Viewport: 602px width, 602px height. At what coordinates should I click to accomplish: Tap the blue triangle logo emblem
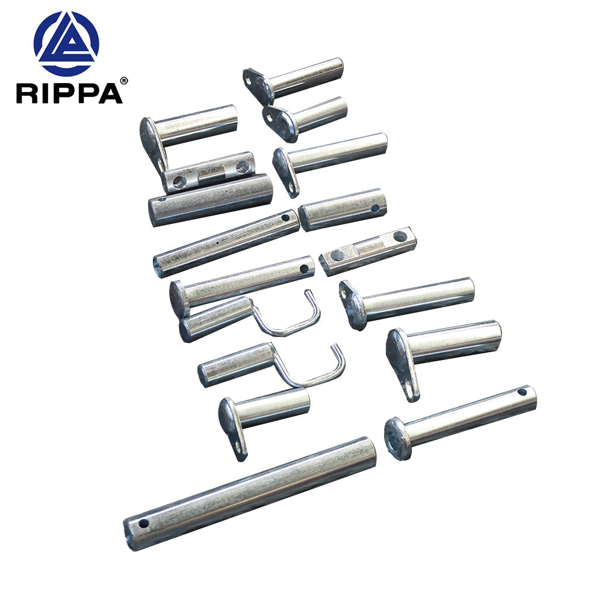coord(66,44)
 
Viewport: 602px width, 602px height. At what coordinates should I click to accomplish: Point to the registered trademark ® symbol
coord(124,80)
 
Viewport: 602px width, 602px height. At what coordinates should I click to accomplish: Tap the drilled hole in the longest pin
coord(143,523)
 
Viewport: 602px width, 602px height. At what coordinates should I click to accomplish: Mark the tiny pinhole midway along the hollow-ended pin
coord(217,244)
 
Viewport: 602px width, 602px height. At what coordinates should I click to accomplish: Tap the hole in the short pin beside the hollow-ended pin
coord(374,208)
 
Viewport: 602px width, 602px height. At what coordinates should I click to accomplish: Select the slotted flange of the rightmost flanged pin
coord(403,364)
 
